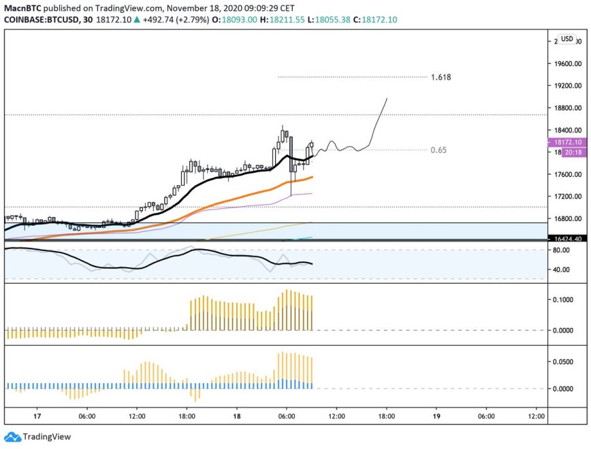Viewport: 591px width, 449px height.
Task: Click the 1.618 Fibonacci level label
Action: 441,77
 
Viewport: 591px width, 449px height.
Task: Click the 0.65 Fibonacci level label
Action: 438,150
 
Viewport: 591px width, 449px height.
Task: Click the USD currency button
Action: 566,39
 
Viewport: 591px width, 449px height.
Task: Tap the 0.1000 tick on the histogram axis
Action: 564,299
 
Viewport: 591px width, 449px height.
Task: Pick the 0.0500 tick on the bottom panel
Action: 564,362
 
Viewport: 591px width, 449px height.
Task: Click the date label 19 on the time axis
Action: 436,416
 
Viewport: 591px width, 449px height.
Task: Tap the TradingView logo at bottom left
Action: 38,437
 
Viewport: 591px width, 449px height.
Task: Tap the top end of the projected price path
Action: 387,99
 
